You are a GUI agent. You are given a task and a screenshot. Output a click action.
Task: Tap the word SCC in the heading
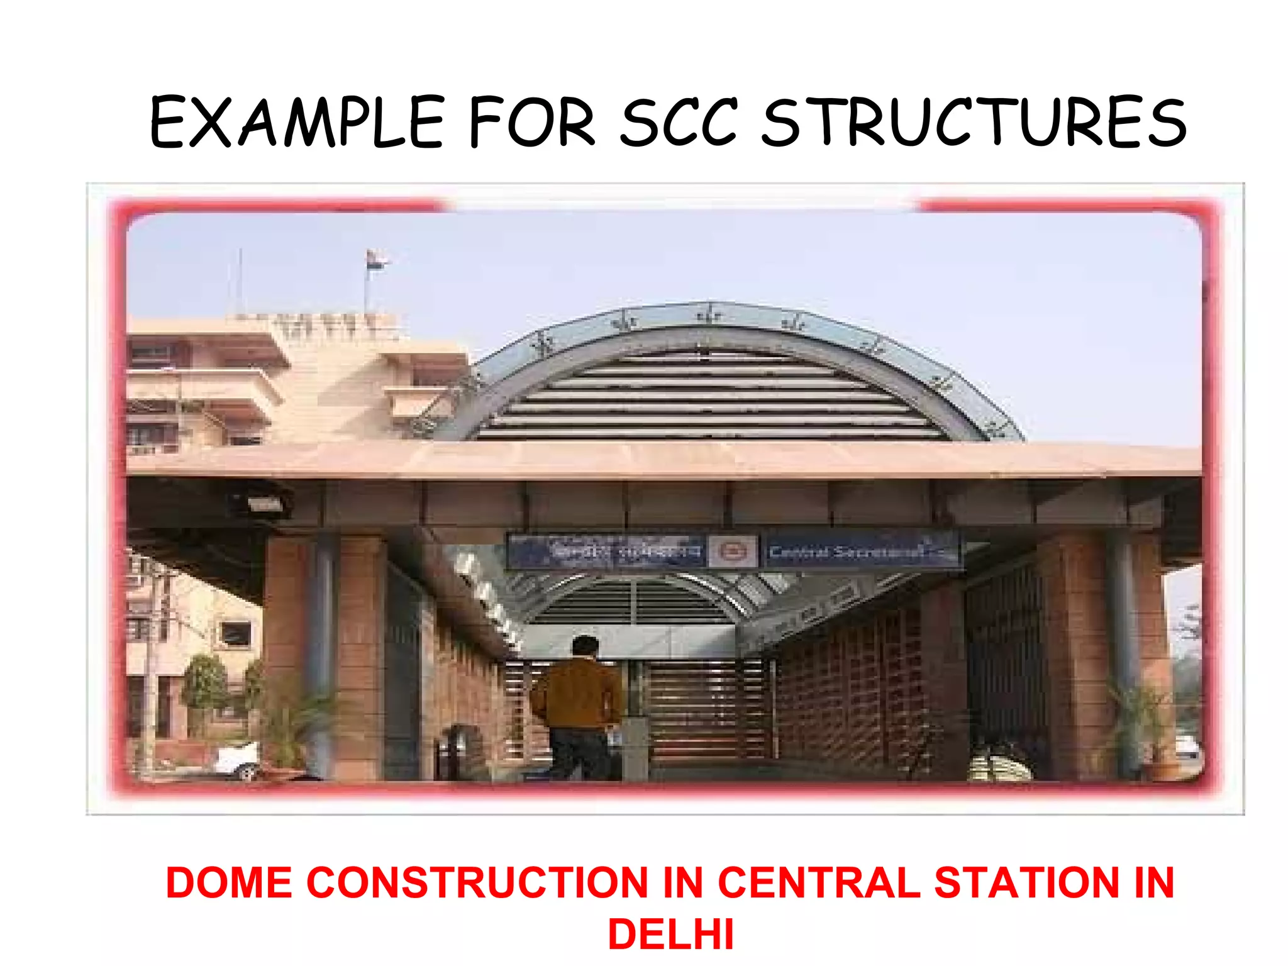point(679,123)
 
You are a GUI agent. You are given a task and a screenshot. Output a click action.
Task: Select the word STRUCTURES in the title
point(974,123)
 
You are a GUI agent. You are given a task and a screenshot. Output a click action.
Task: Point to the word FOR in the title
point(531,123)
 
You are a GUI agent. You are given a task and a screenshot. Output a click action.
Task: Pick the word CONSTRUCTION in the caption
point(477,882)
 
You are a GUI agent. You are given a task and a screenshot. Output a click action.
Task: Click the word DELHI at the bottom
point(670,935)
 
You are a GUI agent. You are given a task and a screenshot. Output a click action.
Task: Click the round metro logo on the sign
point(733,552)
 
